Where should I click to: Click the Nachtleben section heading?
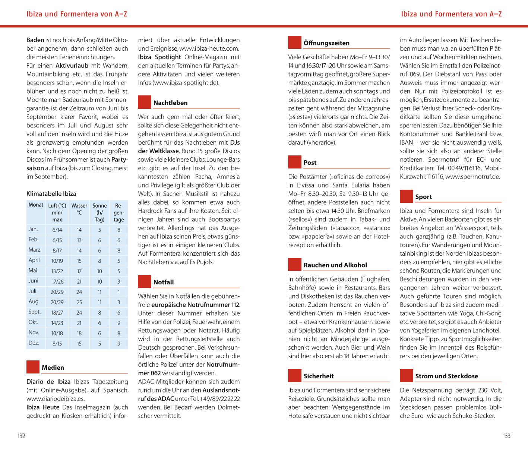[x=170, y=103]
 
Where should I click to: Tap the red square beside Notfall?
[x=145, y=282]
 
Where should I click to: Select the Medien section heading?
[x=53, y=368]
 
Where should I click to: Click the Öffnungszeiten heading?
[x=326, y=43]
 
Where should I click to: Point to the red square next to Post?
[x=295, y=162]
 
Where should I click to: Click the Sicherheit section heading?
[x=319, y=376]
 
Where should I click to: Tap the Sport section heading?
[x=423, y=197]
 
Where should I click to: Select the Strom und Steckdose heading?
[x=446, y=376]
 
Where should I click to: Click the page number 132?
[x=22, y=436]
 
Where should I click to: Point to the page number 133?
[x=506, y=436]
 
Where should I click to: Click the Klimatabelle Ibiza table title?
[x=51, y=194]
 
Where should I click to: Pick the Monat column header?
[x=36, y=205]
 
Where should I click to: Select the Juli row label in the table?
[x=32, y=291]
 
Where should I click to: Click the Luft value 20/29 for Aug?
[x=57, y=302]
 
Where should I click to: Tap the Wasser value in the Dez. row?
[x=79, y=344]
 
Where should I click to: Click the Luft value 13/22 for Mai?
[x=57, y=271]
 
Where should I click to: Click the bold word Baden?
[x=35, y=40]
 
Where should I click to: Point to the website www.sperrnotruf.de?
[x=472, y=177]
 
